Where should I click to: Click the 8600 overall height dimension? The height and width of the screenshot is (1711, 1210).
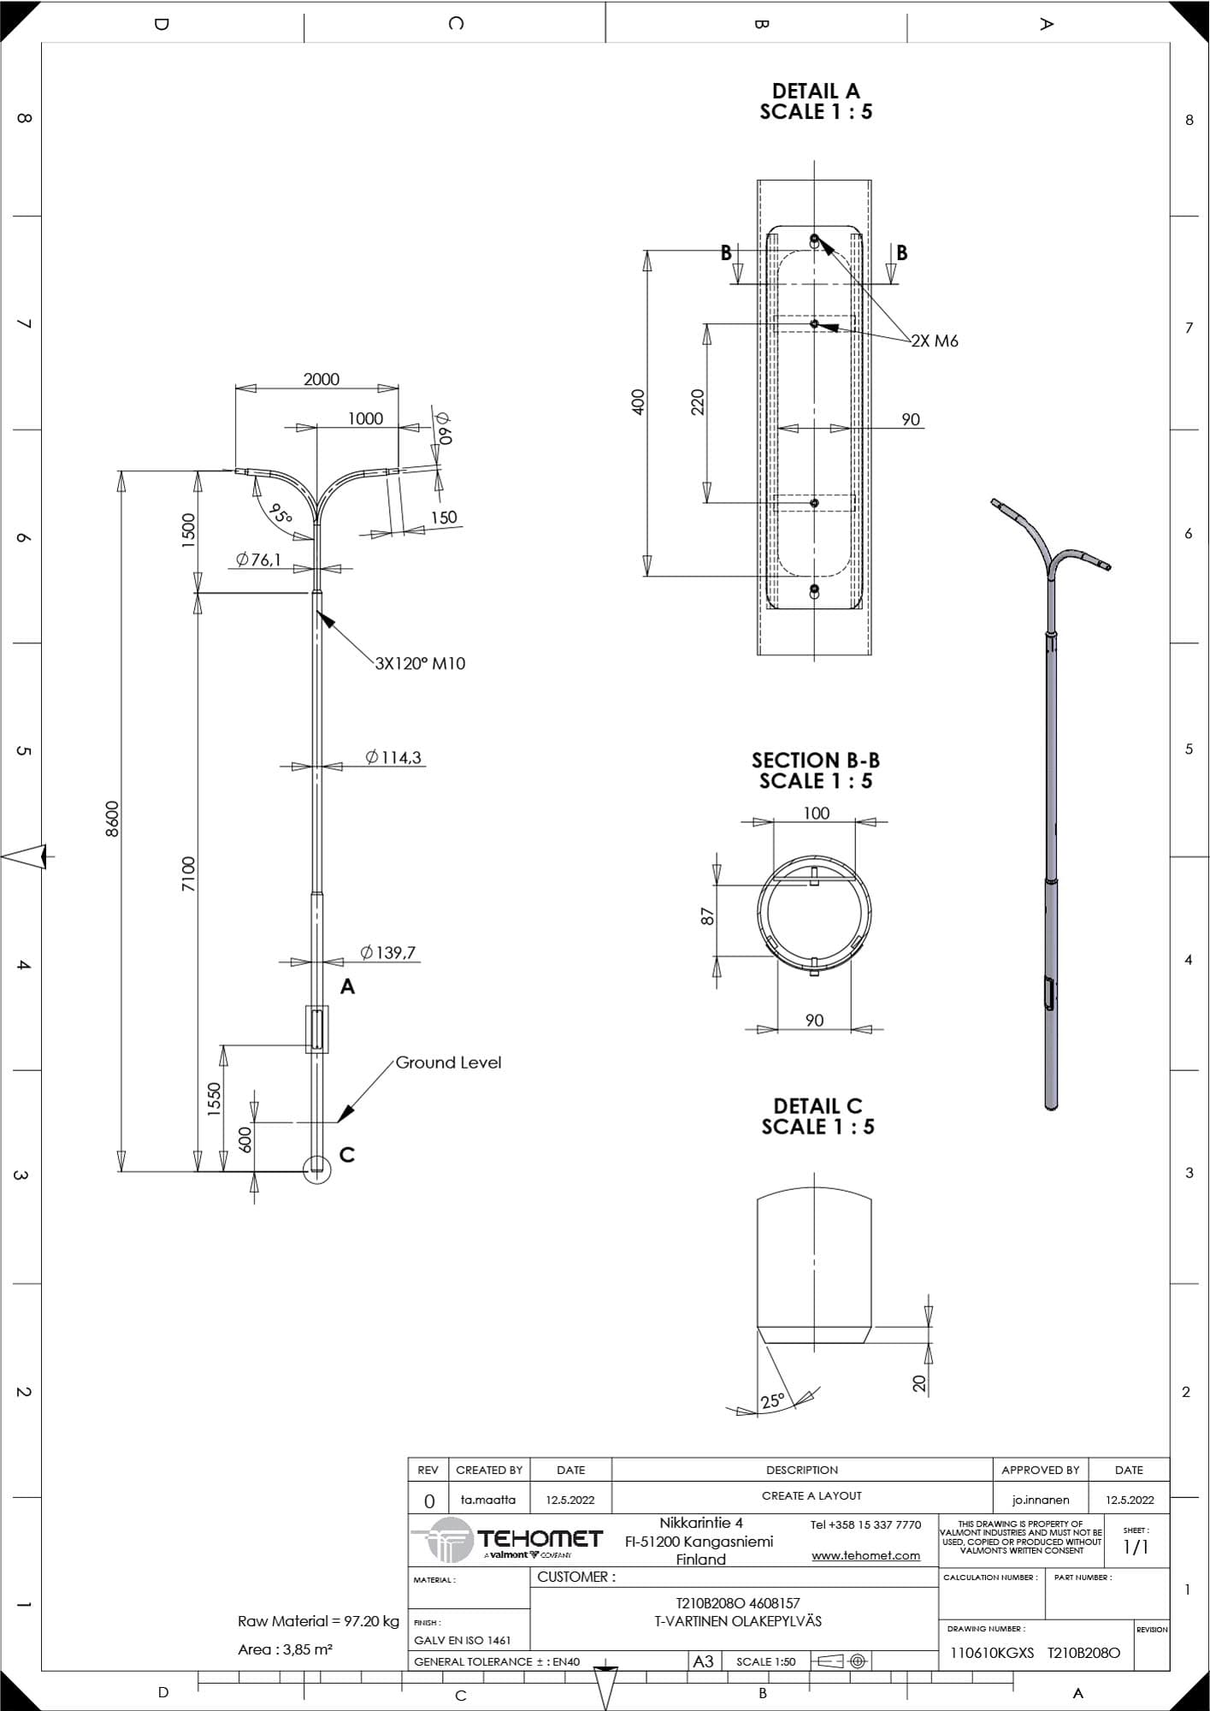click(x=112, y=819)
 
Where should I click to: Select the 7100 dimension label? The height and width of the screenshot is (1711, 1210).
click(x=188, y=873)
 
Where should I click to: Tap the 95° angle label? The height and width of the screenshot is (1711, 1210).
click(x=280, y=513)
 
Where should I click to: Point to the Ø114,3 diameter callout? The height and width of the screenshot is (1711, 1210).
click(x=393, y=757)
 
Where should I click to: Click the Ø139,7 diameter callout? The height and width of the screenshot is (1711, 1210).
click(x=388, y=952)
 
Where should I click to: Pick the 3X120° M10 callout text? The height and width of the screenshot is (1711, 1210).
click(x=421, y=663)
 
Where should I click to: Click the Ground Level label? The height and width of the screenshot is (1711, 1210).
click(x=448, y=1063)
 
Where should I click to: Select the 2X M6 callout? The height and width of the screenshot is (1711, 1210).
click(x=935, y=340)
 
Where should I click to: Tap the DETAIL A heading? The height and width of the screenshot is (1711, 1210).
click(x=816, y=91)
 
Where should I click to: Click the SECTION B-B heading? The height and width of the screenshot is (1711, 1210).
click(x=816, y=761)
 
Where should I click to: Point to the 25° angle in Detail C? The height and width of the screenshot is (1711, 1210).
click(x=772, y=1400)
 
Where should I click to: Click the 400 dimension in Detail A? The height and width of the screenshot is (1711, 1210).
click(x=638, y=402)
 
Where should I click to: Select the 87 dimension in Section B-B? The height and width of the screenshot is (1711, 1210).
click(x=707, y=916)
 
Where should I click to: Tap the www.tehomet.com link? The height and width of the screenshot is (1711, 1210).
click(x=865, y=1555)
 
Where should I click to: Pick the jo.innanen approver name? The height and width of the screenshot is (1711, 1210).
click(x=1040, y=1500)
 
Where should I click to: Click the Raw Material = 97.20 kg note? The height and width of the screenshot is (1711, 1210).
click(x=318, y=1621)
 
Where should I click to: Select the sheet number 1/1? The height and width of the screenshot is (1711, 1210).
click(x=1136, y=1547)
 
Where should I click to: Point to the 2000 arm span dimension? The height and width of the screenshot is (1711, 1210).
click(x=322, y=379)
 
